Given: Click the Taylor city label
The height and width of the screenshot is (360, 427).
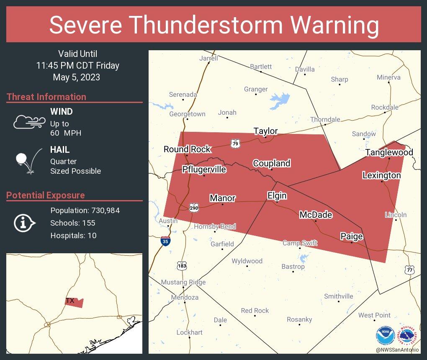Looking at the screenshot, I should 265,131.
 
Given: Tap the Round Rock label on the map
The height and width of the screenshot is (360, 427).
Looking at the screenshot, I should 187,149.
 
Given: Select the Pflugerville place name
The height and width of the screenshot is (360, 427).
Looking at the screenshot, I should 204,169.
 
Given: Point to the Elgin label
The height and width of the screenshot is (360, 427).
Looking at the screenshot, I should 277,195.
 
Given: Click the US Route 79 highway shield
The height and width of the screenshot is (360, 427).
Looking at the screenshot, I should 235,144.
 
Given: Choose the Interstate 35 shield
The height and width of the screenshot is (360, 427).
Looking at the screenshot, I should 166,241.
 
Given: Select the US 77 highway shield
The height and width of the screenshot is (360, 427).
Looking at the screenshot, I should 410,270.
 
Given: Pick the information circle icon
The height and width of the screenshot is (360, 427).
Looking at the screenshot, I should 24,223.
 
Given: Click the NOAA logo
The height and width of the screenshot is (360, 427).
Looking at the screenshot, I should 385,336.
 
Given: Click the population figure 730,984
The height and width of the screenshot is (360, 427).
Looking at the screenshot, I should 102,210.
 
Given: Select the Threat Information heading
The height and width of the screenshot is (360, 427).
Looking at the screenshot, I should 46,97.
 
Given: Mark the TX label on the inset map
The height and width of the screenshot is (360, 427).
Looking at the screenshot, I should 70,301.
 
